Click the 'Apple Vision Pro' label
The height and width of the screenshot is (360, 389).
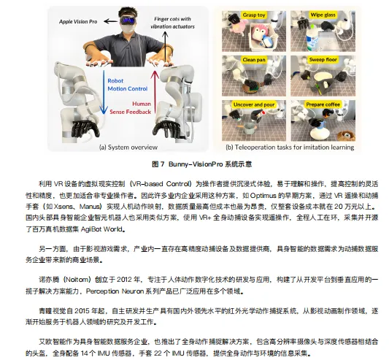coord(78,22)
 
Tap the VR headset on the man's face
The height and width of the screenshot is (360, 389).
coord(128,20)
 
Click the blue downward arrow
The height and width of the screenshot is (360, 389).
coord(104,92)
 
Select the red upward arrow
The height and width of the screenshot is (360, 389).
coord(155,92)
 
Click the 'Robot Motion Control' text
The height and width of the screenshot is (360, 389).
coord(128,85)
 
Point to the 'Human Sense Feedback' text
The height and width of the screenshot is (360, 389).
coord(131,108)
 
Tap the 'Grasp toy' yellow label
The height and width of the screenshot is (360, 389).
coord(254,15)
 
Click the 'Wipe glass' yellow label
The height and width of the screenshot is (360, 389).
coord(323,15)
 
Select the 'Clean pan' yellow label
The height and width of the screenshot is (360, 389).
coord(254,60)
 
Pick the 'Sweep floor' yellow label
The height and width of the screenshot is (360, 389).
coord(323,60)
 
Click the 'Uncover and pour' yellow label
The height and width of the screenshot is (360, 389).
coord(254,104)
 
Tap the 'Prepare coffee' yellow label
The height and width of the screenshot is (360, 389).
coord(323,104)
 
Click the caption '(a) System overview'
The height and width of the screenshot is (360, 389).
coord(128,148)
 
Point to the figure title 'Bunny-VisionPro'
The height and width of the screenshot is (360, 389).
coord(196,164)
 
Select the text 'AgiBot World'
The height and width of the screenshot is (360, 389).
coord(101,229)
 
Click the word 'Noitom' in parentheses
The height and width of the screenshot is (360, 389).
coord(76,279)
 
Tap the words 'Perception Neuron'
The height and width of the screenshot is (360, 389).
coord(115,291)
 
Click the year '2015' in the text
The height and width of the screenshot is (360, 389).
coord(82,311)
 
